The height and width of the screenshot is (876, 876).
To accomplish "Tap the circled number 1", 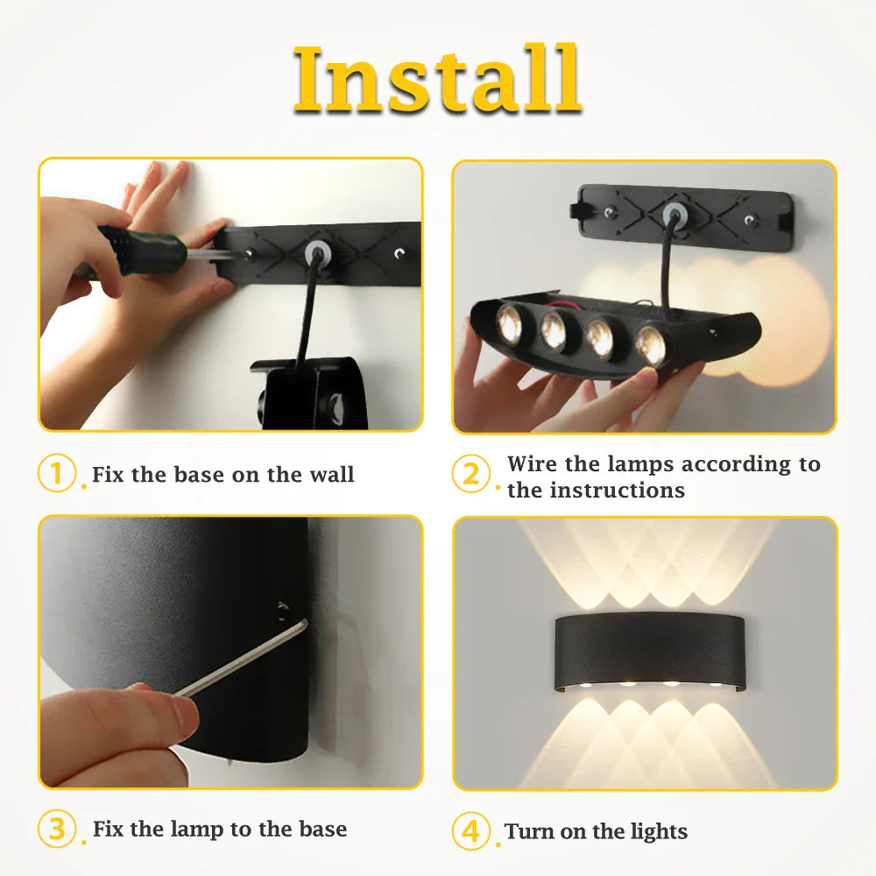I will (56, 474).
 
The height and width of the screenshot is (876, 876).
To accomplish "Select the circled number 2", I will (471, 475).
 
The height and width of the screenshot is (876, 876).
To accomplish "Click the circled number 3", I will (56, 829).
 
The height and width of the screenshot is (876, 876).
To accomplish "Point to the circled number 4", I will (471, 830).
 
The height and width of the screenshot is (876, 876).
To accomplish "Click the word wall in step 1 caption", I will (331, 475).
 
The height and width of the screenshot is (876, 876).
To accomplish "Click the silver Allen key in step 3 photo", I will (245, 658).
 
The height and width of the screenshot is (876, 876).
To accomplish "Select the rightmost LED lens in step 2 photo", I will (651, 343).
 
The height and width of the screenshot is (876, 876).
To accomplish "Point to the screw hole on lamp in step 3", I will (282, 607).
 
